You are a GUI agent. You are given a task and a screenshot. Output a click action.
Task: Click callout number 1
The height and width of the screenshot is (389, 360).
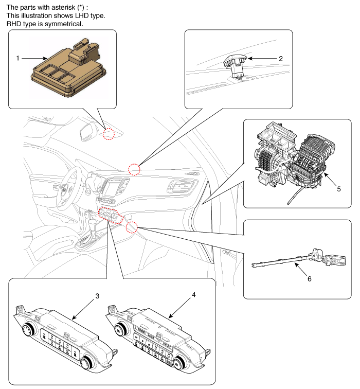(x=17, y=59)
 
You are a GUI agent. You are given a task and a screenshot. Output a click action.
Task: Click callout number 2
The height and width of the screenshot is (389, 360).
(x=281, y=59)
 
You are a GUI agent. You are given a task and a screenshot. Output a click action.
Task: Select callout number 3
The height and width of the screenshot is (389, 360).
(x=97, y=297)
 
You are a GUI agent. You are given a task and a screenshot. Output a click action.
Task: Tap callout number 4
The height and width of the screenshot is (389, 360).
(x=193, y=295)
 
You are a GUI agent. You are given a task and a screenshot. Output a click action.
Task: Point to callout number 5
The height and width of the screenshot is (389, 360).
(x=338, y=189)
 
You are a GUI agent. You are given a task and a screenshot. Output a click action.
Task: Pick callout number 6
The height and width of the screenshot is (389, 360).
(x=309, y=279)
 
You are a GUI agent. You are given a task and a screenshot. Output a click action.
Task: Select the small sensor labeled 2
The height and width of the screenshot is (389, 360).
(x=236, y=65)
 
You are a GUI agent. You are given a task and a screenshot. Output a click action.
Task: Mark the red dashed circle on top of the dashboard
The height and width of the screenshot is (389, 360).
(x=134, y=169)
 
